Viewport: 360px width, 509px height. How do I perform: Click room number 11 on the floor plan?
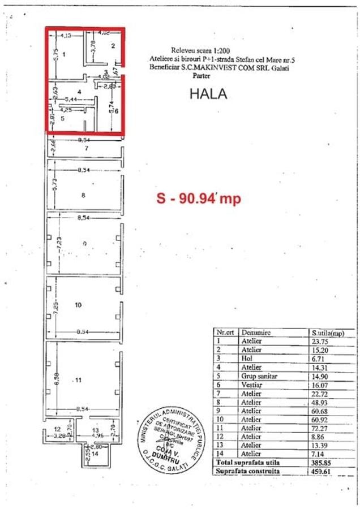click(x=78, y=380)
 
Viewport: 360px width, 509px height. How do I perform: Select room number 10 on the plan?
click(x=78, y=305)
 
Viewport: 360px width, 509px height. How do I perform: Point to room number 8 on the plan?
click(x=83, y=196)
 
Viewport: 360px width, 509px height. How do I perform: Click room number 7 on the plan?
click(x=87, y=148)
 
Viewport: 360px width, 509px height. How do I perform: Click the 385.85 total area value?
click(x=320, y=461)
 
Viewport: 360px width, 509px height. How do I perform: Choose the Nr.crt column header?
click(x=224, y=333)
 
